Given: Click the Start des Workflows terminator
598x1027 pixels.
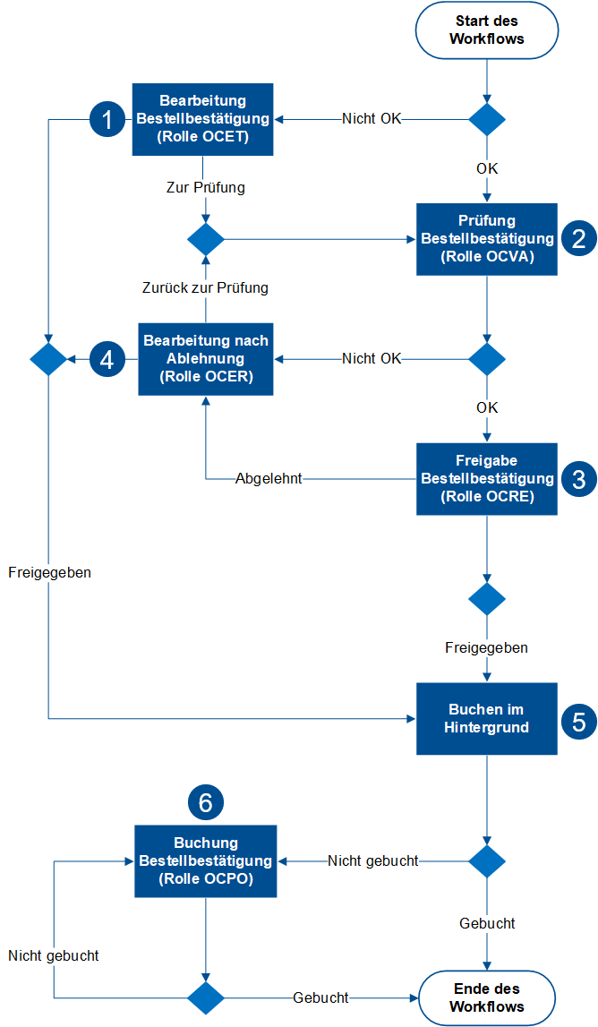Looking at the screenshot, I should point(486,30).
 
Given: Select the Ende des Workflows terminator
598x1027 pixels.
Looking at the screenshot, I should point(486,997).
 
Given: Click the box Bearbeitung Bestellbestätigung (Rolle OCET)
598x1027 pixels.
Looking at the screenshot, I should point(203,119).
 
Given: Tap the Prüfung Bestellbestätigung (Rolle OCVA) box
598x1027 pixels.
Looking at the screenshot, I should point(487,239).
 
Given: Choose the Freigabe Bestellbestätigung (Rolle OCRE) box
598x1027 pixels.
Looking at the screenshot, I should point(487,478).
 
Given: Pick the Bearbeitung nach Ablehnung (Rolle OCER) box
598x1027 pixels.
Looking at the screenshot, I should point(206,359).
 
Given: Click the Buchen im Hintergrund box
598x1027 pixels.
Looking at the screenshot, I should point(487,718).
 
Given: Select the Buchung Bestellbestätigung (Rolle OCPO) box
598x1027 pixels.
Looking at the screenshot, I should point(206,860).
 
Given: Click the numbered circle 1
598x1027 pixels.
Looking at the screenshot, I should point(107,120).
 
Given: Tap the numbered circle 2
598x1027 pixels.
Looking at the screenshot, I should point(578,238).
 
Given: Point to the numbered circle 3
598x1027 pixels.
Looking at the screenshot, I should point(578,478).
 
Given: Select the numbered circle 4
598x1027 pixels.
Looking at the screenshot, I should point(107,359).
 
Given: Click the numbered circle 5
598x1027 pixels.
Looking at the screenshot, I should point(578,719).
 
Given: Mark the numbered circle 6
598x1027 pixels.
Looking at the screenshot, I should point(205,803).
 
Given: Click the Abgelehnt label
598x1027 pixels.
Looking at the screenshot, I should point(269,479).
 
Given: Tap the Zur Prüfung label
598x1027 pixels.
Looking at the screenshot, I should point(206,188).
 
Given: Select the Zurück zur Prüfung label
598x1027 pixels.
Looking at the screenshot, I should point(205,288).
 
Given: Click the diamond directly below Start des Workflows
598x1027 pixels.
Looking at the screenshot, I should point(487,119).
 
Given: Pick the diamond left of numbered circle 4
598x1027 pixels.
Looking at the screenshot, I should point(48,359).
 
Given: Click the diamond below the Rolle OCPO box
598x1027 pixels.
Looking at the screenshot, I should point(206,997).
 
